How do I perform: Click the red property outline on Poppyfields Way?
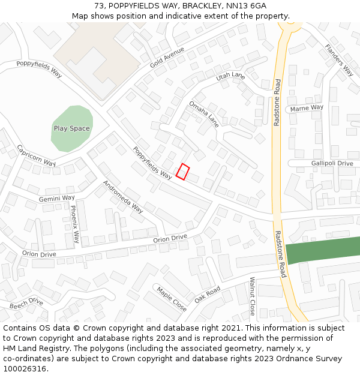coord(183,172)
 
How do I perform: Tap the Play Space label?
coord(71,128)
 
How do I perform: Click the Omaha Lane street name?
coord(204,114)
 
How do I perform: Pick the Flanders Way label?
coord(339,60)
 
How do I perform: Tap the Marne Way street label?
coord(307,108)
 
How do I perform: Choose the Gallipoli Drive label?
coord(332,163)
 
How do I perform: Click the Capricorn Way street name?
coord(36,155)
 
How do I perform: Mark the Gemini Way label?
coord(57,198)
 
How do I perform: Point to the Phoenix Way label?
coord(74,224)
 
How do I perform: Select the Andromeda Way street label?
coord(123,197)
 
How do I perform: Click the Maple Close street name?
coord(172,299)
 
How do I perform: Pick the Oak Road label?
coord(208,294)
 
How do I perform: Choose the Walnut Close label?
coord(253,296)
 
